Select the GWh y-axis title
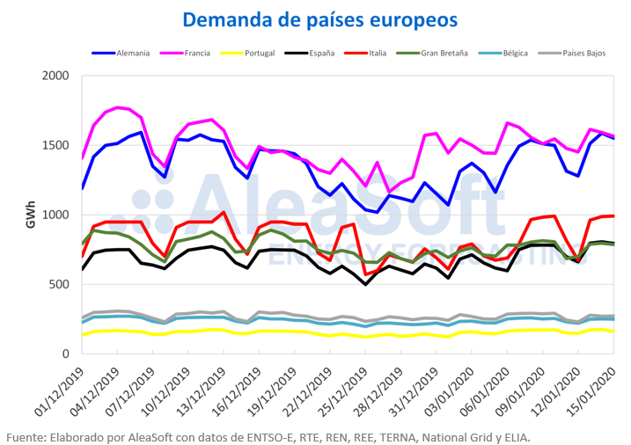[x=30, y=215]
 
